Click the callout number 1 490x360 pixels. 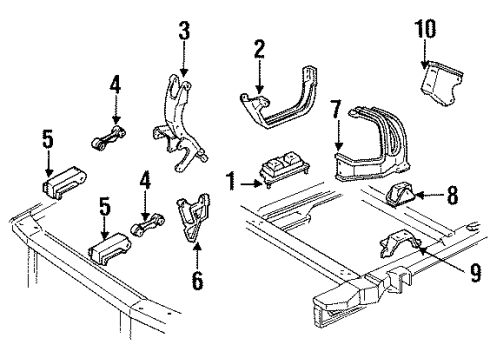pos(231,182)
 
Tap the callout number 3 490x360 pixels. pos(184,31)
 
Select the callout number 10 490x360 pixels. pos(425,29)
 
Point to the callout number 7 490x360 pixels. pos(336,109)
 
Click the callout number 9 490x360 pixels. pos(475,272)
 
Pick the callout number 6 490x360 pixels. pos(197,280)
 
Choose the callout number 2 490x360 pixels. pos(259,49)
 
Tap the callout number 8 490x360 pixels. pos(452,195)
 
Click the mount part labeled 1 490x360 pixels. pos(284,169)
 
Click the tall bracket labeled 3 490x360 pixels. pos(178,123)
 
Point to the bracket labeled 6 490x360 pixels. pos(193,217)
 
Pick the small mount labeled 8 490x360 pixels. pos(399,194)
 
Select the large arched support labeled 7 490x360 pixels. pos(370,147)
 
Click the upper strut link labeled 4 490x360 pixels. pos(109,137)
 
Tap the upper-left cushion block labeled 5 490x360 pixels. pos(64,183)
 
